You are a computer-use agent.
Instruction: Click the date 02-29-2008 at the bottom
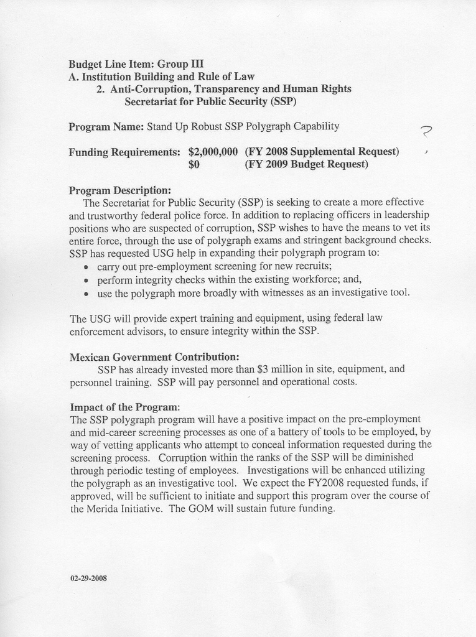88,578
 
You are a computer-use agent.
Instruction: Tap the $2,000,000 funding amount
213,152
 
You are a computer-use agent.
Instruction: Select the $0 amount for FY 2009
194,165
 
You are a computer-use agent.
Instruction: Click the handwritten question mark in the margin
426,131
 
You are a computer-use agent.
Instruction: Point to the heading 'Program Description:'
119,190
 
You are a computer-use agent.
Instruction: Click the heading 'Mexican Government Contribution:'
154,357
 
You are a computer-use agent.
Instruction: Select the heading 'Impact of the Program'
124,407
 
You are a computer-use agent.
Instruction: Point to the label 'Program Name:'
106,127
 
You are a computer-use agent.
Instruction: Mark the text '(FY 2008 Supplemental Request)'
322,152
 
